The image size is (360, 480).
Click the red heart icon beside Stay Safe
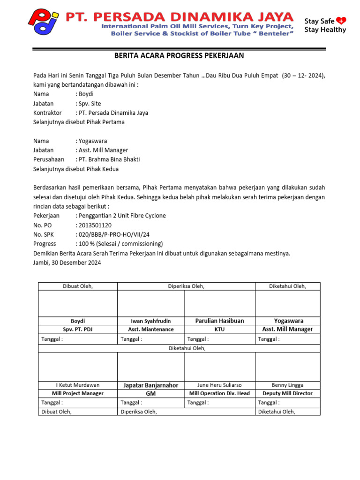pos(341,20)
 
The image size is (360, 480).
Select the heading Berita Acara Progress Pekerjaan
pos(180,56)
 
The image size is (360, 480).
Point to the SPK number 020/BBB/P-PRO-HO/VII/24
pos(113,234)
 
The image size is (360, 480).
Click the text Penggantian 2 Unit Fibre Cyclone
pos(121,216)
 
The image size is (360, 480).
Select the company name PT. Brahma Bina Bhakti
pos(109,159)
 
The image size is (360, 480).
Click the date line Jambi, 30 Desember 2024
pos(67,263)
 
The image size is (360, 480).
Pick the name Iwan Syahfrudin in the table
pos(150,321)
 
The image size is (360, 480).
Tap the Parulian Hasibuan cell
pos(219,321)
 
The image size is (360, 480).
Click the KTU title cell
pos(219,329)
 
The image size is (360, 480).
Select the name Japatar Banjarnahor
pos(150,385)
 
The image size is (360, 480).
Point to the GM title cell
pos(150,394)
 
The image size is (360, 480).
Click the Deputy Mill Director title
pos(287,394)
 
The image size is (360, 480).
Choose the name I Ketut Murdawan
pos(78,385)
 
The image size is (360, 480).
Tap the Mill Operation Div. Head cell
pos(219,394)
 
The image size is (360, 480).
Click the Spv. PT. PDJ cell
pos(78,329)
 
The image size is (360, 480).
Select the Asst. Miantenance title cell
pos(150,329)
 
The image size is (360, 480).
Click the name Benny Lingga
pos(287,385)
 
